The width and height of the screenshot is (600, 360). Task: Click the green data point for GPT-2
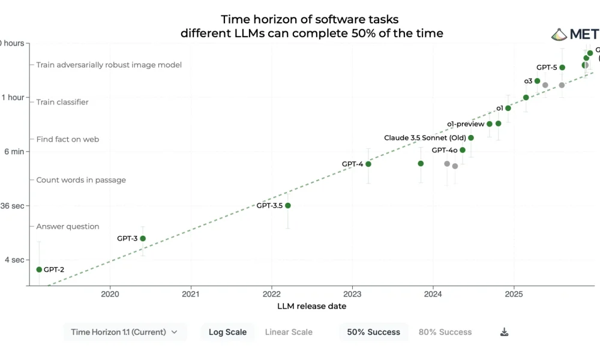pyautogui.click(x=39, y=269)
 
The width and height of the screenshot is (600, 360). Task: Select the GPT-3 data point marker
pyautogui.click(x=143, y=238)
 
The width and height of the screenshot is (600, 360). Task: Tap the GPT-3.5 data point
pyautogui.click(x=288, y=206)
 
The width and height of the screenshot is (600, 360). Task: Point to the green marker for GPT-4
pyautogui.click(x=368, y=164)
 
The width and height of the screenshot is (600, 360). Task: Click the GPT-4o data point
pyautogui.click(x=462, y=150)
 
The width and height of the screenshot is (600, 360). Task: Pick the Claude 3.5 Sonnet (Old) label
pyautogui.click(x=425, y=138)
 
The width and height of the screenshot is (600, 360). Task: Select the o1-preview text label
pyautogui.click(x=466, y=124)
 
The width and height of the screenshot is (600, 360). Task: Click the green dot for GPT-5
pyautogui.click(x=562, y=67)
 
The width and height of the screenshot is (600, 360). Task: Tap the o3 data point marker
pyautogui.click(x=537, y=81)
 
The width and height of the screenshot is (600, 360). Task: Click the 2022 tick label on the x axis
pyautogui.click(x=271, y=295)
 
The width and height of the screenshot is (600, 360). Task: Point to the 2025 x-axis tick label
pyautogui.click(x=514, y=295)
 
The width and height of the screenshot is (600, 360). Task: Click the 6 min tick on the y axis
pyautogui.click(x=14, y=151)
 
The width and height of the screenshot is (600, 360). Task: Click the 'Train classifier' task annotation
pyautogui.click(x=62, y=102)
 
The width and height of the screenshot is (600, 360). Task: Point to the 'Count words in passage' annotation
pyautogui.click(x=81, y=180)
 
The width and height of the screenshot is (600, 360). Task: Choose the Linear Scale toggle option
pyautogui.click(x=289, y=332)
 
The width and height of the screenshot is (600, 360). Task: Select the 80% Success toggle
pyautogui.click(x=445, y=332)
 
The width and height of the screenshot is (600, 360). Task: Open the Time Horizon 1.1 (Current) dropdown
pyautogui.click(x=124, y=332)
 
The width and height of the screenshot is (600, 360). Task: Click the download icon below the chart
pyautogui.click(x=505, y=332)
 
